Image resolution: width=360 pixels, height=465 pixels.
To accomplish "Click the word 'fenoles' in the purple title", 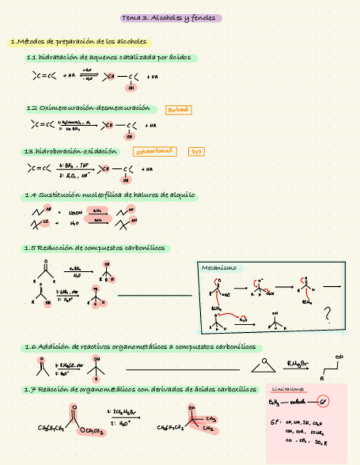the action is (206, 19).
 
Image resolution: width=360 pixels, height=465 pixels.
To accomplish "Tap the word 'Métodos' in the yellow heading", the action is (31, 42).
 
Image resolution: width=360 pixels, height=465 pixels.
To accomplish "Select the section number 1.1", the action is (31, 58).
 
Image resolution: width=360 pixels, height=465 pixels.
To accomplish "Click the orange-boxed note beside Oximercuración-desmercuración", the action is (179, 110).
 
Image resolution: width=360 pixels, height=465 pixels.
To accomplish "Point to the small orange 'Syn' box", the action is (195, 151).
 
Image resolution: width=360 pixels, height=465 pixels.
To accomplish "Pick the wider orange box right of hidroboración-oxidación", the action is (154, 151).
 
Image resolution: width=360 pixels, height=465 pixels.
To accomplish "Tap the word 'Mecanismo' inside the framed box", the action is (219, 268).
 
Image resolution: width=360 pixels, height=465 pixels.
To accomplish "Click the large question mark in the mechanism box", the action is (328, 314).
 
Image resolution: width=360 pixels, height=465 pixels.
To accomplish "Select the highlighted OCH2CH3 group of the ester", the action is (92, 432).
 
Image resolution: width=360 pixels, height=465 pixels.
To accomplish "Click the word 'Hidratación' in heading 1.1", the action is (58, 58).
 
